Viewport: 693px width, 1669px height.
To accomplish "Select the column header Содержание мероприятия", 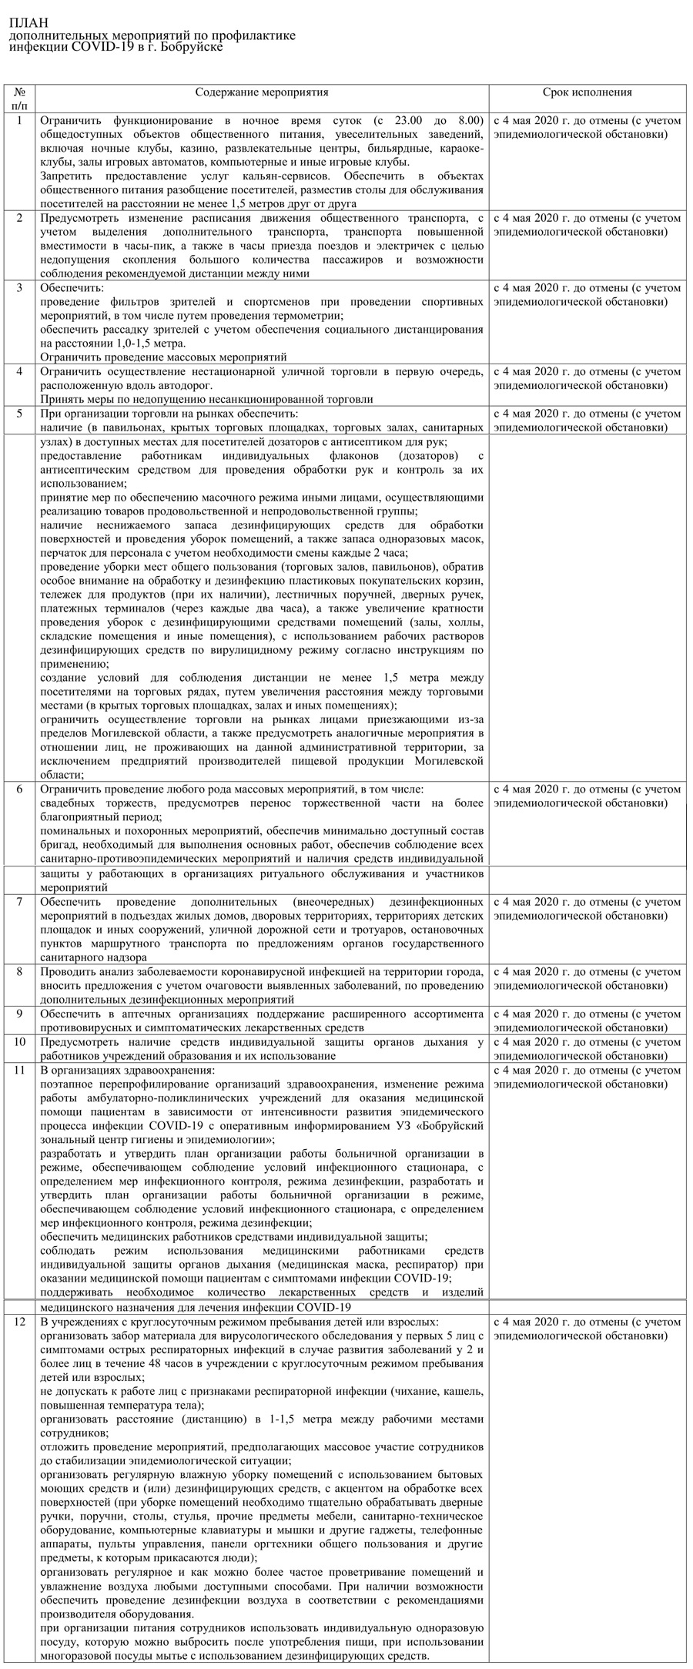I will pos(262,92).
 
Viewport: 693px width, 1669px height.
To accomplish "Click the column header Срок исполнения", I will pos(587,92).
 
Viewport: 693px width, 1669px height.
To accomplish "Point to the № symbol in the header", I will pos(20,92).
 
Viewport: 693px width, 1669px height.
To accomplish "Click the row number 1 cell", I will pos(20,120).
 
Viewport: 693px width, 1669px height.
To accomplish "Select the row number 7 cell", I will pos(20,901).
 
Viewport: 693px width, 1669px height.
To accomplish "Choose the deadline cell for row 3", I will pos(587,294).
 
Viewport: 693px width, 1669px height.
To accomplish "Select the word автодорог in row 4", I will pos(187,385).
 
